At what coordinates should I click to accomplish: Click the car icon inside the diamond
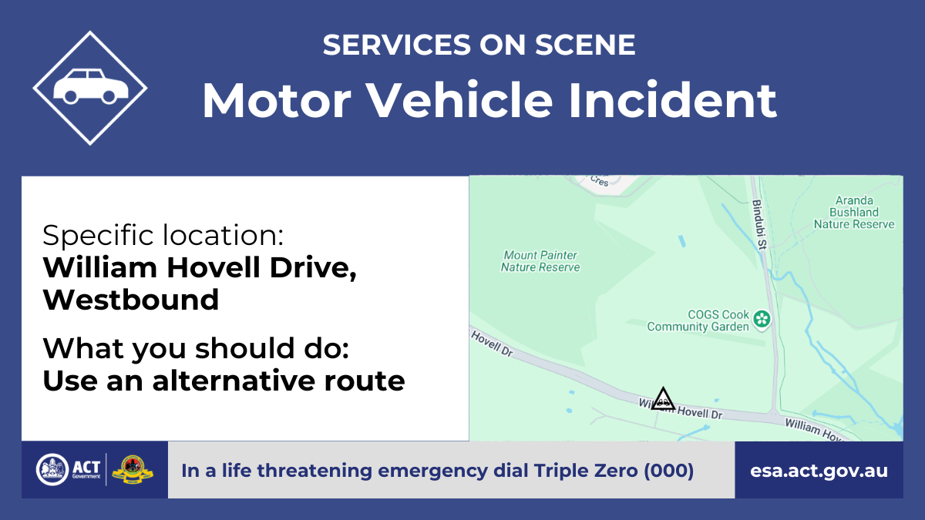91,86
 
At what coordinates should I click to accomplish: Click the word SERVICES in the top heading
397,45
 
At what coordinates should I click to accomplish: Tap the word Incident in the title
672,100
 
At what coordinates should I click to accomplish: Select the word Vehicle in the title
459,100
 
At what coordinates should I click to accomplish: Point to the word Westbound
130,300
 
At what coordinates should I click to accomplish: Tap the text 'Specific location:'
163,235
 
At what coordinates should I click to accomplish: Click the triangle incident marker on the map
663,399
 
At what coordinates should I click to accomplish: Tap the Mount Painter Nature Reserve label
540,261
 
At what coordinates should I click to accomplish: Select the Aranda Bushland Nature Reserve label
854,212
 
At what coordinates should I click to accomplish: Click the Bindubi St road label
759,224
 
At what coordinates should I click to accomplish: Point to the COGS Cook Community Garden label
698,320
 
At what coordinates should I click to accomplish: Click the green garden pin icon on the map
762,320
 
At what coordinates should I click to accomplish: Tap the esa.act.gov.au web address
819,471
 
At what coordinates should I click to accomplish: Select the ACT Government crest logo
52,470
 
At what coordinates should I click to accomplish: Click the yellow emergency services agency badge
133,470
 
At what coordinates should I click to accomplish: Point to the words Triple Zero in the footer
586,471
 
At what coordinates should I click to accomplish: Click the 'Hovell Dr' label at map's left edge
493,344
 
